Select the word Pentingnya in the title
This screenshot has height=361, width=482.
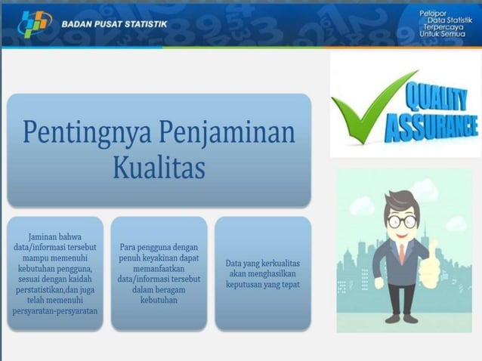[x=85, y=132]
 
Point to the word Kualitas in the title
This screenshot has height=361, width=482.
[x=159, y=168]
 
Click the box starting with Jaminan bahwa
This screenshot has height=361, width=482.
[x=55, y=273]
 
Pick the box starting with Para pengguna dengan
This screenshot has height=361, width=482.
[x=159, y=273]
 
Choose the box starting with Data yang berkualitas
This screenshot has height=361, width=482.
[x=262, y=273]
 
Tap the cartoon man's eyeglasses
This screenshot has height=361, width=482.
[x=402, y=221]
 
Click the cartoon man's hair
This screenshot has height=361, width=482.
[x=400, y=200]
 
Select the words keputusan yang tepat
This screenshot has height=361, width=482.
[x=262, y=285]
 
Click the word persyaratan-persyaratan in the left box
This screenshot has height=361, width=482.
[x=55, y=310]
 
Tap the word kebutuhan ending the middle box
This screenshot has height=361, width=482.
[x=159, y=300]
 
